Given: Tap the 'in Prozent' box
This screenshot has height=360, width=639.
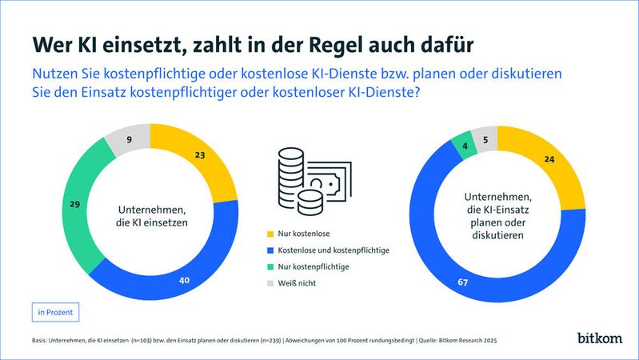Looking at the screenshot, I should (x=56, y=310).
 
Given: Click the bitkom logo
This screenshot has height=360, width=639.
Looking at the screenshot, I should (x=600, y=338).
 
